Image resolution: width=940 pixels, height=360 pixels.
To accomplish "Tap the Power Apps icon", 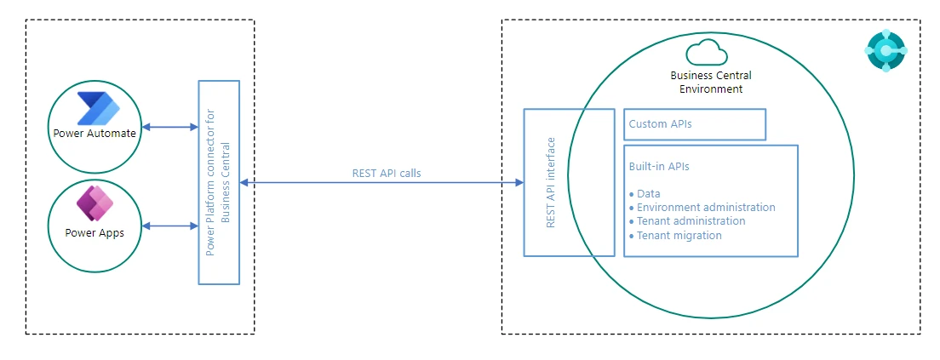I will pyautogui.click(x=95, y=204).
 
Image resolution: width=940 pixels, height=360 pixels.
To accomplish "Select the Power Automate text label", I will pyautogui.click(x=94, y=133).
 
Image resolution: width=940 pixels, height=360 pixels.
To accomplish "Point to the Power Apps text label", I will pyautogui.click(x=94, y=231).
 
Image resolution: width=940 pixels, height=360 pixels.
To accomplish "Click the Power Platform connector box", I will pyautogui.click(x=219, y=182).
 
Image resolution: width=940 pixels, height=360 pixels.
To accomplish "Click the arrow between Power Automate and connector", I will pyautogui.click(x=169, y=128).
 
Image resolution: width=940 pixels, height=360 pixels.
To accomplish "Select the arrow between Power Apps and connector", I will pyautogui.click(x=169, y=226).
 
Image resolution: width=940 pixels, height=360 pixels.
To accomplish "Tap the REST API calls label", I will pyautogui.click(x=386, y=173).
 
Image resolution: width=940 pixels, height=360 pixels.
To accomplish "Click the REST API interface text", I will pyautogui.click(x=550, y=182).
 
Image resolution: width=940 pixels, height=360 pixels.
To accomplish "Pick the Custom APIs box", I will pyautogui.click(x=695, y=124).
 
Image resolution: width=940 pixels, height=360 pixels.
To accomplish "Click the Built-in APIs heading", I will pyautogui.click(x=659, y=167).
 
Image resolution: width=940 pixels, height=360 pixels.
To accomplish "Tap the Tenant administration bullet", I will pyautogui.click(x=691, y=221).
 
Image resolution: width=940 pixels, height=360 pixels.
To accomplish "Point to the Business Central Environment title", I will pyautogui.click(x=711, y=82).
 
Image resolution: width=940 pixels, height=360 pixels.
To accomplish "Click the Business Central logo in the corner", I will pyautogui.click(x=886, y=50).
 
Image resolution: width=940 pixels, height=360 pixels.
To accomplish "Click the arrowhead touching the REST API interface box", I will pyautogui.click(x=519, y=182).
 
